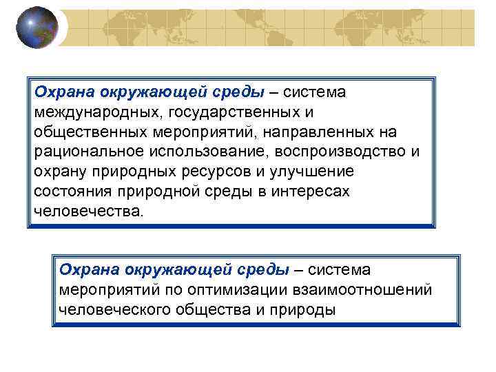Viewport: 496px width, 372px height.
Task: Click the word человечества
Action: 89,211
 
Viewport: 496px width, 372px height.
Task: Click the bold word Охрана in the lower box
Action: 89,269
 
